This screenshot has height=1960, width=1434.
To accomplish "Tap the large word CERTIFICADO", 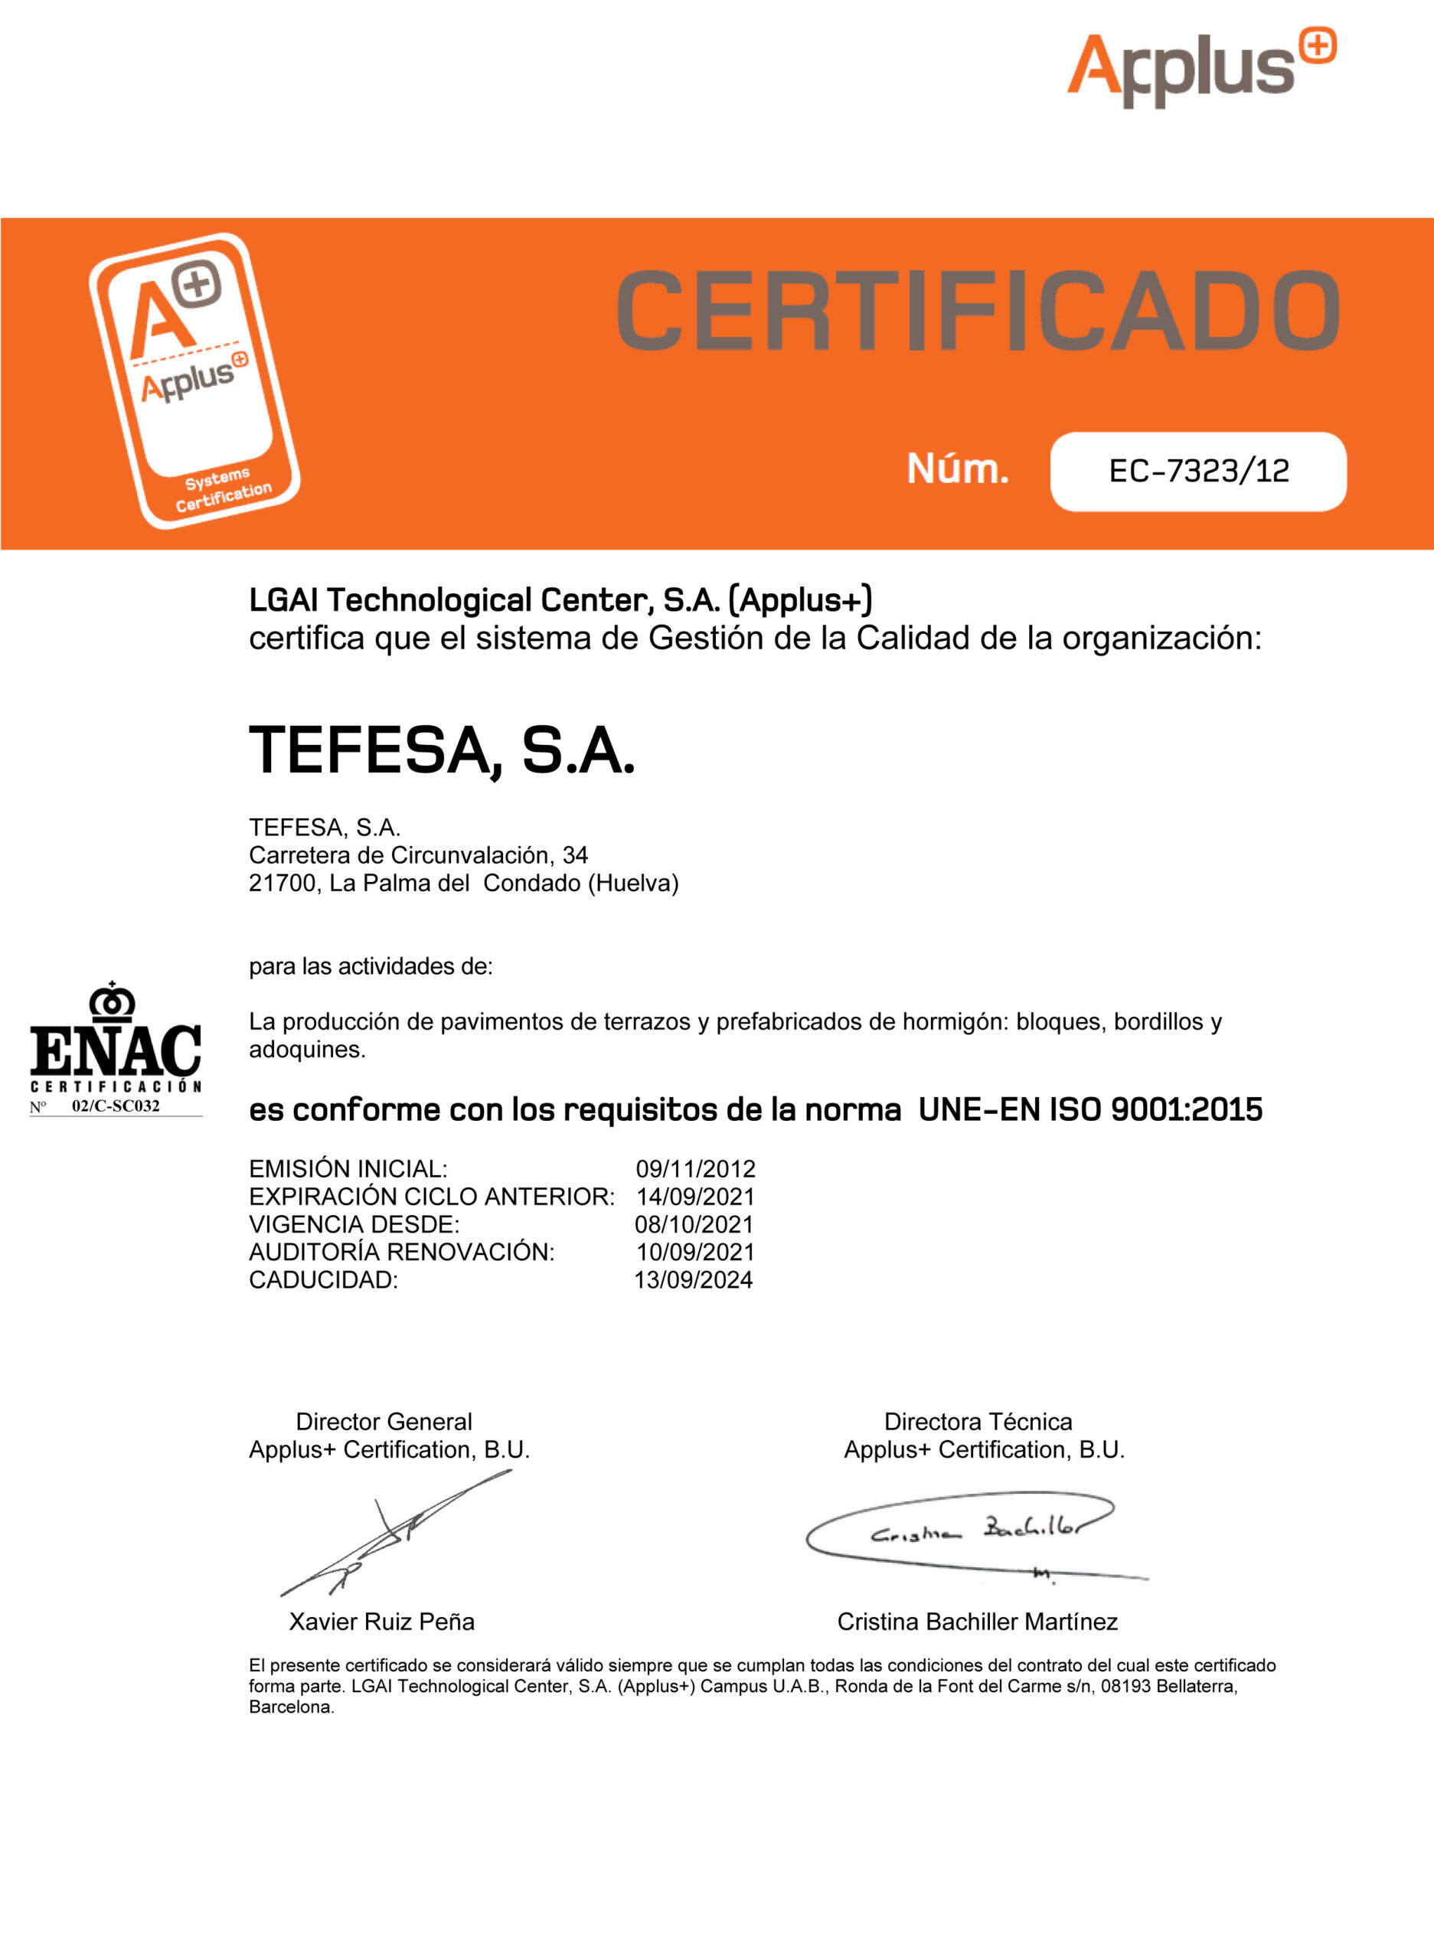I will (978, 311).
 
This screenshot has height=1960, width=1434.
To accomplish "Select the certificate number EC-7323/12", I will (1198, 472).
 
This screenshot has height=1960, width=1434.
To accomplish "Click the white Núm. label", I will (958, 469).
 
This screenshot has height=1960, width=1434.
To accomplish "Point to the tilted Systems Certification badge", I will (194, 381).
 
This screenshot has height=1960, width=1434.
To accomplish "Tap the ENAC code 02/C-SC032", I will (116, 1106).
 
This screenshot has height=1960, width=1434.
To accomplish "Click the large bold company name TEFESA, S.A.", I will (442, 751).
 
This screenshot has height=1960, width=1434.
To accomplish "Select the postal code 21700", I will (281, 884).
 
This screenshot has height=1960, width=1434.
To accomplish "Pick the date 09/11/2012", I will (695, 1169).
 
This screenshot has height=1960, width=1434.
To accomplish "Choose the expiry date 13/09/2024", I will (693, 1280).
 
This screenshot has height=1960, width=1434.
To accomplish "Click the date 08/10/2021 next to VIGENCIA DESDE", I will (694, 1225).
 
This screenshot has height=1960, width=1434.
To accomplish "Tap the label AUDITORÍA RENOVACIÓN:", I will (401, 1253).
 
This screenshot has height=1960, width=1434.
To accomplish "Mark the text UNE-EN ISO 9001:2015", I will (1089, 1110).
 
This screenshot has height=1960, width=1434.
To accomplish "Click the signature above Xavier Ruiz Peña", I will (395, 1534).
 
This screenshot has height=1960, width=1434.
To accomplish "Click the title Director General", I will (384, 1422).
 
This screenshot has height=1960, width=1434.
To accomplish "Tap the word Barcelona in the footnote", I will (290, 1707).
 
